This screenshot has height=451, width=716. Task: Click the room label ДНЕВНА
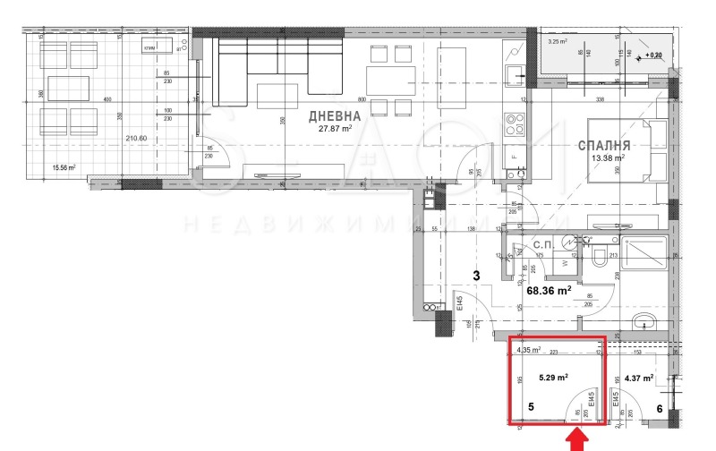click(x=336, y=116)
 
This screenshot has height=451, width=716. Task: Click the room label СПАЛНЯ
click(x=606, y=145)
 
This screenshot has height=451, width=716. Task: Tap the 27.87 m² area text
click(x=336, y=128)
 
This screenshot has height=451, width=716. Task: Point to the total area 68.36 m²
click(x=547, y=291)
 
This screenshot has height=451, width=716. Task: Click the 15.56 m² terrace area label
click(x=64, y=167)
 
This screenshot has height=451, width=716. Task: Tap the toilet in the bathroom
click(x=600, y=254)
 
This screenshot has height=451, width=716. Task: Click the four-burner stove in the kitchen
click(x=514, y=120)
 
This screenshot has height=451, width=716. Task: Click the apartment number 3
click(x=477, y=277)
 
